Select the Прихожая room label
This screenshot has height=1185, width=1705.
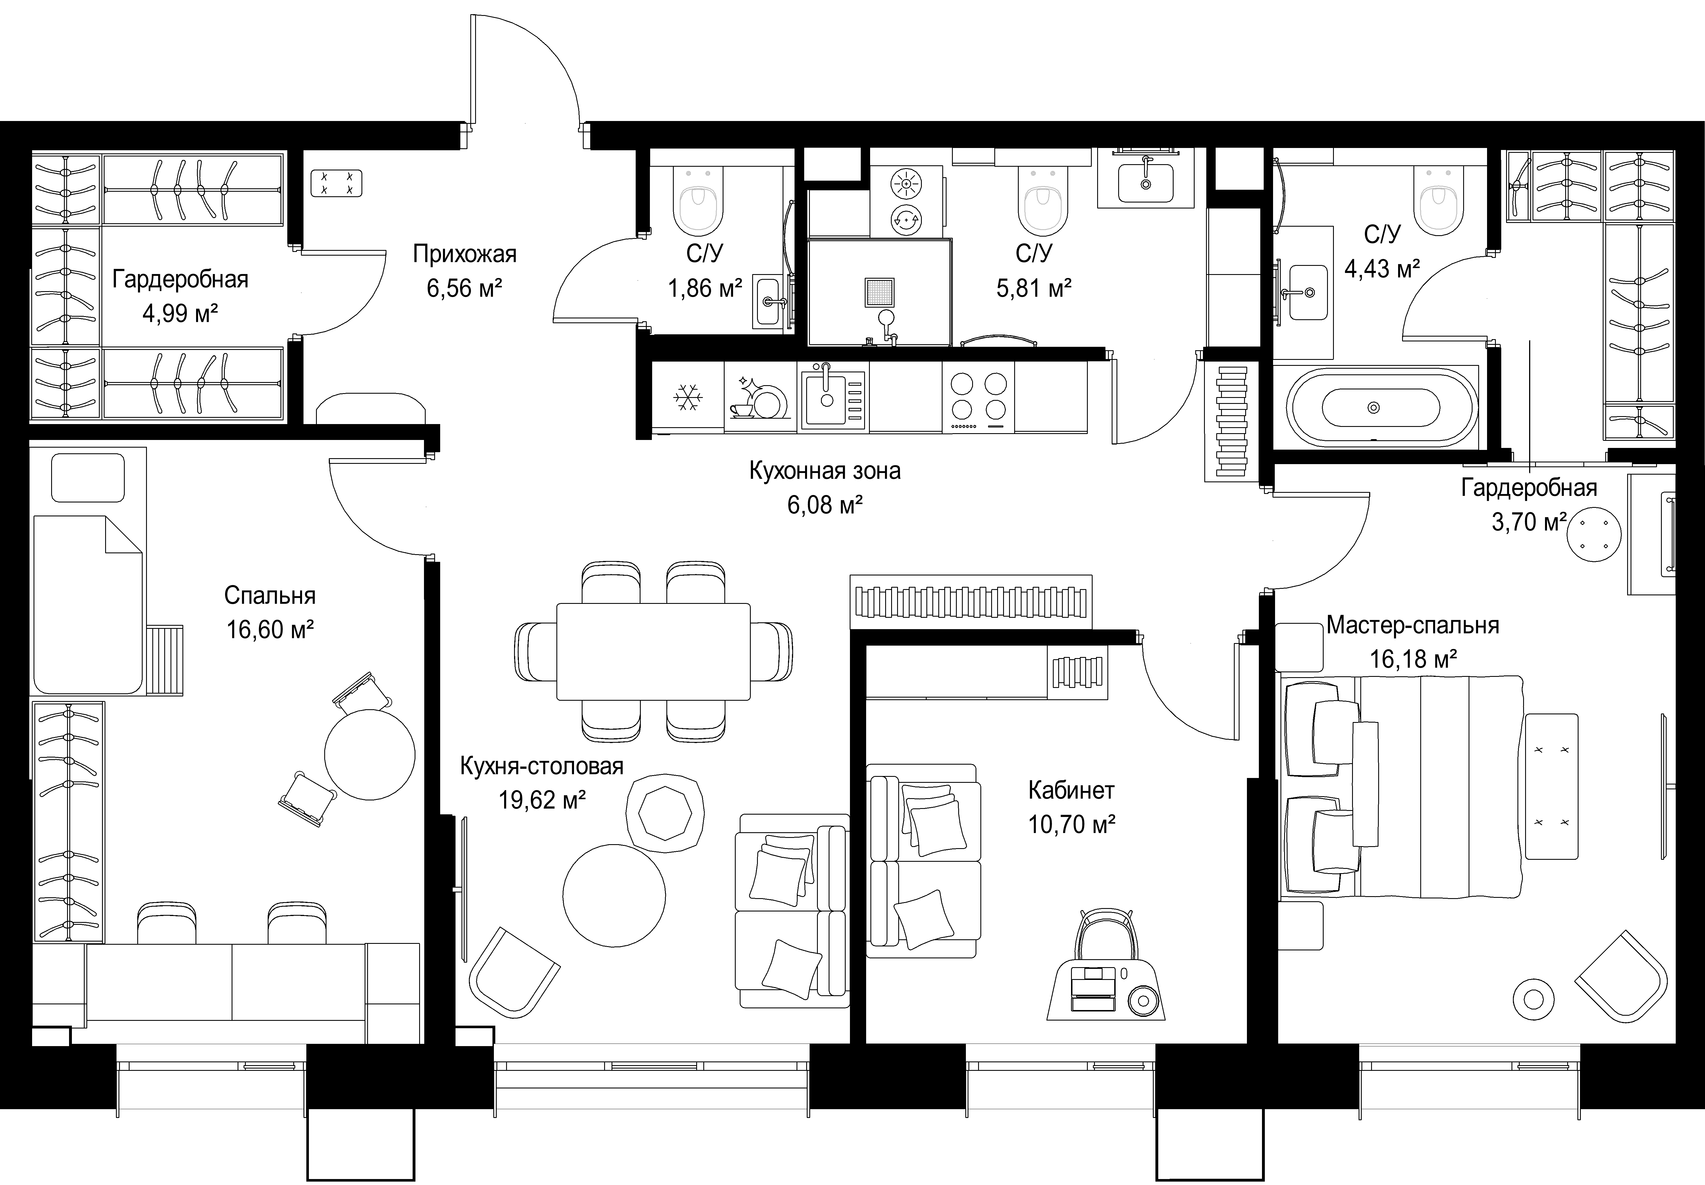(x=464, y=255)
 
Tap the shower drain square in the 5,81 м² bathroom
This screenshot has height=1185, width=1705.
(x=880, y=293)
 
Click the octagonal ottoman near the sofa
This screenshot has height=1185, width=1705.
(x=665, y=814)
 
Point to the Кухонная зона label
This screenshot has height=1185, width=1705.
(x=825, y=471)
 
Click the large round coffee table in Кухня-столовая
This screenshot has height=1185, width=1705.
(x=614, y=895)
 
